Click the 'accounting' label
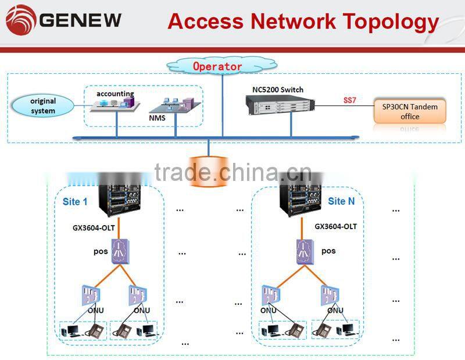tap(115, 94)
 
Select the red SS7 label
tap(349, 101)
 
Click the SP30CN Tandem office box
tap(410, 112)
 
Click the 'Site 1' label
tap(75, 202)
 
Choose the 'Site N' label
tap(341, 201)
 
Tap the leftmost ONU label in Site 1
tap(95, 310)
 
